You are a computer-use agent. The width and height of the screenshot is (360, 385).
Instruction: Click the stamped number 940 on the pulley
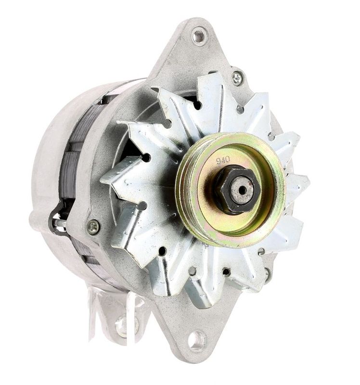223,160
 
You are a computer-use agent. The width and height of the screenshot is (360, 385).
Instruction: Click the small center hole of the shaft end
243,190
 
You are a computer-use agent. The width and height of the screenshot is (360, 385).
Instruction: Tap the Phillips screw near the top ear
237,78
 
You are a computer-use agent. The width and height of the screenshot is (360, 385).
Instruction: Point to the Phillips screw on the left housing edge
94,227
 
